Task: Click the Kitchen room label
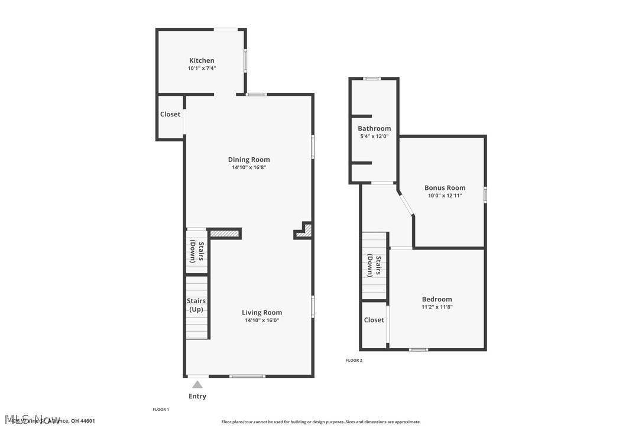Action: [x=202, y=60]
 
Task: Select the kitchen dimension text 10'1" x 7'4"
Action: [x=202, y=69]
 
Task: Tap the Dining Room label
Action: [x=249, y=160]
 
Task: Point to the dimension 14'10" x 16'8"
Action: [x=249, y=167]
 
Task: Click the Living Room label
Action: [x=262, y=313]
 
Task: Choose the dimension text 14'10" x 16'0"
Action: [x=262, y=320]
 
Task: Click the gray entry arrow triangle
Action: [x=197, y=385]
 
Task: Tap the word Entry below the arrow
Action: [x=197, y=396]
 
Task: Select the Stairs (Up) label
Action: [x=196, y=305]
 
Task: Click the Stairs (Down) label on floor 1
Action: [x=197, y=251]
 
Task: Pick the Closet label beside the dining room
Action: [x=170, y=114]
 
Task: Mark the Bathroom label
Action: [x=374, y=128]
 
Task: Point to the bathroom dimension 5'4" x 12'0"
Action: [x=374, y=136]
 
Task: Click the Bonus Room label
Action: [x=445, y=188]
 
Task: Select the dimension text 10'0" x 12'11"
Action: [x=445, y=196]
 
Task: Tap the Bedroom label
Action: [x=437, y=299]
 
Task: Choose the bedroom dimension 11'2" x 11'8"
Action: [x=437, y=307]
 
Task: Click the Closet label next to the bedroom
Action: [x=374, y=320]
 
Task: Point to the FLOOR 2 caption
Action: [x=354, y=360]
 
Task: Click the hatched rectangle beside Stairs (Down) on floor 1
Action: [x=225, y=234]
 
